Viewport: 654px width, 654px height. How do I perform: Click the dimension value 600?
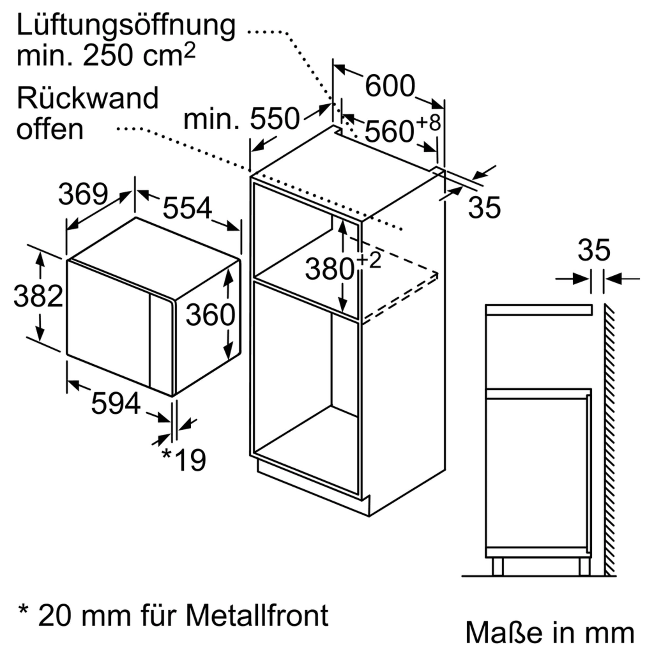tap(390, 86)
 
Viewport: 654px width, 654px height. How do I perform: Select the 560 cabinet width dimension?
tap(389, 132)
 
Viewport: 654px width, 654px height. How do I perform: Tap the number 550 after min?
tap(275, 119)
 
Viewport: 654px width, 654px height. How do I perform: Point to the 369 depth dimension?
tap(83, 194)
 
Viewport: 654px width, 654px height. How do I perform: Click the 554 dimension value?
tap(187, 208)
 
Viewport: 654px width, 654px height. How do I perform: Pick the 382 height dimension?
tap(38, 296)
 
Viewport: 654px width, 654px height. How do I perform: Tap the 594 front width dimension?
tap(116, 403)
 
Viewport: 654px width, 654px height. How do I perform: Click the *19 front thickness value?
tap(184, 459)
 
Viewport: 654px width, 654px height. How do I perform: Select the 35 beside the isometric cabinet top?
tap(484, 208)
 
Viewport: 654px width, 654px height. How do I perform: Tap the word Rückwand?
tap(88, 98)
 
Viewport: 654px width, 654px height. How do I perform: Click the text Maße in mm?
tap(549, 632)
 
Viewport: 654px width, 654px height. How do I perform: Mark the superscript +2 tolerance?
tap(369, 260)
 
